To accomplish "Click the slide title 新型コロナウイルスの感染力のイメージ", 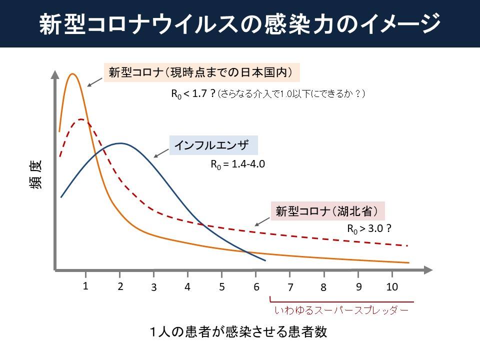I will click(240, 23).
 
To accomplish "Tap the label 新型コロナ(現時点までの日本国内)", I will click(201, 72).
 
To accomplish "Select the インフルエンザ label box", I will click(213, 145).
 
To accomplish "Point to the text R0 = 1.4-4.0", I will click(237, 163).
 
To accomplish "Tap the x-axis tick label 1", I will click(86, 286).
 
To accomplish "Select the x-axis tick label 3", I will click(154, 287).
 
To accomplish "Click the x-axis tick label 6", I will click(256, 287).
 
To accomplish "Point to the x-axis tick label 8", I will click(323, 287).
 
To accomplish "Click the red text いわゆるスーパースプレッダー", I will click(341, 310).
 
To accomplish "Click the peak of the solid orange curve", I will click(73, 74).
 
